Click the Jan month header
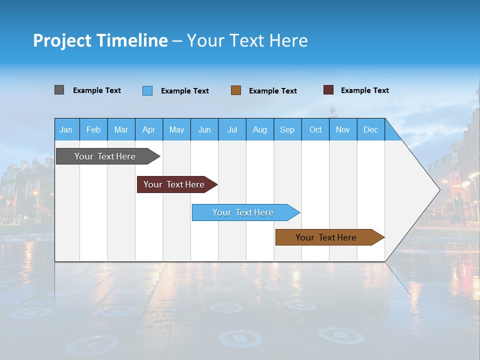tap(66, 129)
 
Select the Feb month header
tap(93, 129)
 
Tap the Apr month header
tap(149, 129)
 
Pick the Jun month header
tap(204, 129)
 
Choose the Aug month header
tap(260, 129)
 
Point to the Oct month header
tap(315, 129)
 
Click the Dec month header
tap(371, 129)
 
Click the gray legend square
tap(59, 90)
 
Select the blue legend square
tap(147, 90)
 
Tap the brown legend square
tap(236, 90)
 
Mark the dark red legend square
tap(328, 90)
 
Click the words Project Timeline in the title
tap(100, 40)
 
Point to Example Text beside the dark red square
tap(364, 90)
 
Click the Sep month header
tap(287, 129)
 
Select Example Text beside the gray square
tap(97, 90)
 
